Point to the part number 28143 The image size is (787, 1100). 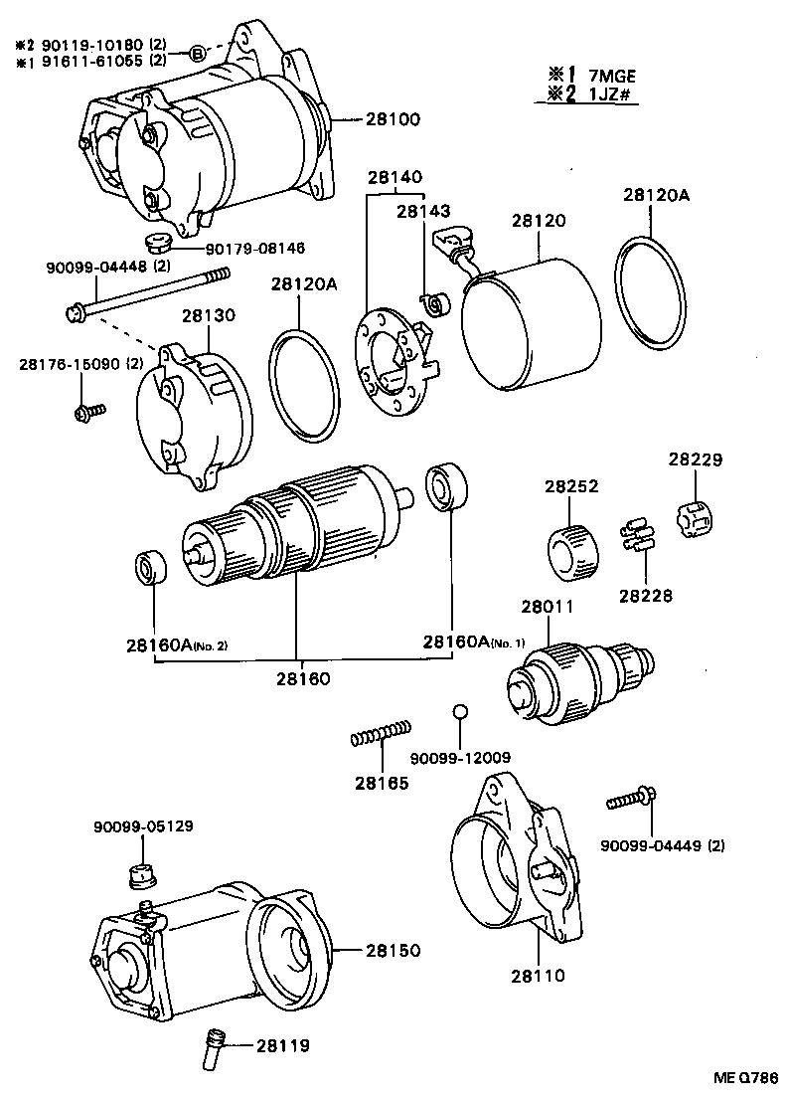tap(423, 211)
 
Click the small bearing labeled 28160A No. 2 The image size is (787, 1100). tap(152, 571)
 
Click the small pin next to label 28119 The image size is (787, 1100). tap(215, 1045)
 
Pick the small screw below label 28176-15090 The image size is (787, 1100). tap(85, 411)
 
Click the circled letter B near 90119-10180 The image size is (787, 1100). tap(198, 53)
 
